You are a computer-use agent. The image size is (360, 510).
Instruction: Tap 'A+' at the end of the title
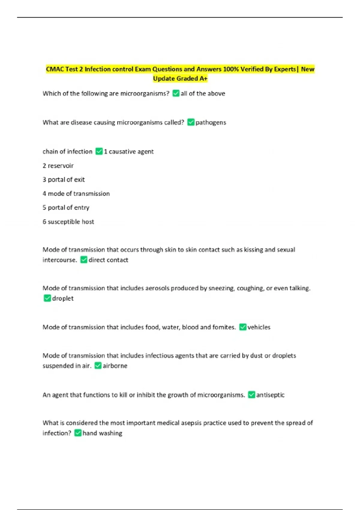(x=203, y=79)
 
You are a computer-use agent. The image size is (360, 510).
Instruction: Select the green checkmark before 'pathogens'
(x=191, y=122)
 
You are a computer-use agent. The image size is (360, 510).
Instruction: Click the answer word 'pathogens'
(x=211, y=122)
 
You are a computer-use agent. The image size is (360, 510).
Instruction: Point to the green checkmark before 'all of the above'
(x=176, y=93)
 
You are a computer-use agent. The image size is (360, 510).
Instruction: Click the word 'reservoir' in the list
(x=61, y=166)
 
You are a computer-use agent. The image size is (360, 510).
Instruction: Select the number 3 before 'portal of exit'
(x=44, y=179)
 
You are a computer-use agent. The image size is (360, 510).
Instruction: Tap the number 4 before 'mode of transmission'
(x=44, y=193)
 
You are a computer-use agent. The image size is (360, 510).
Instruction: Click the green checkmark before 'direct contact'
(x=84, y=260)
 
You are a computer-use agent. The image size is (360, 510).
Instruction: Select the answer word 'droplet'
(x=63, y=298)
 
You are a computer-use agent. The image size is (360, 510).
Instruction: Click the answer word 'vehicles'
(x=259, y=327)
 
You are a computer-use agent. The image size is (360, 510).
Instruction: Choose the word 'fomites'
(x=224, y=327)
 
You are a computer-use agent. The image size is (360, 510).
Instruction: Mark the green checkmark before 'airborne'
(x=98, y=365)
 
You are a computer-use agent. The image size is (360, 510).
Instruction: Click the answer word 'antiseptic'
(x=270, y=395)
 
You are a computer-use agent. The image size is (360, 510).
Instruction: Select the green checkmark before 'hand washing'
(x=78, y=433)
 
